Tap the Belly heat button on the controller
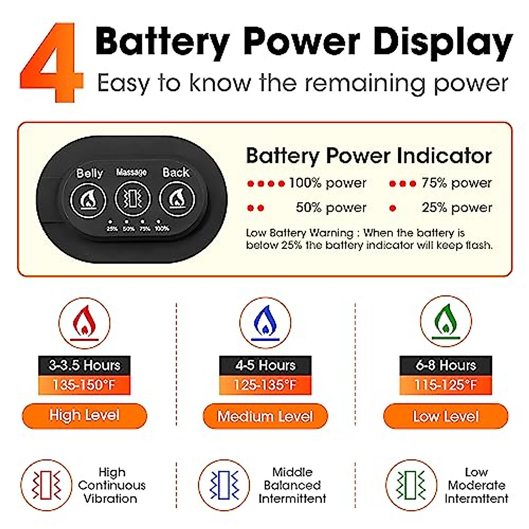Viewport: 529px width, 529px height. [x=88, y=200]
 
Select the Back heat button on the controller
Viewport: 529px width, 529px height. [x=176, y=200]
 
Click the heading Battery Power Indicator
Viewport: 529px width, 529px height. [x=369, y=156]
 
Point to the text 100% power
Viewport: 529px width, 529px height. [x=327, y=183]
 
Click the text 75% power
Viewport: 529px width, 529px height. [x=456, y=183]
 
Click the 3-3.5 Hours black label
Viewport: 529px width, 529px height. [x=84, y=365]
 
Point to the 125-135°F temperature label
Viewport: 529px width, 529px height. [x=265, y=385]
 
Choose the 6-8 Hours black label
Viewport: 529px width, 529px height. [x=446, y=365]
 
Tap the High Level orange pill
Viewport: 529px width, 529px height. [x=84, y=416]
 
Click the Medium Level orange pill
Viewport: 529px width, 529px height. [x=265, y=416]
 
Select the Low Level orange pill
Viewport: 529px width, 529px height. [x=446, y=416]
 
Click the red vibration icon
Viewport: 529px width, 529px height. [x=46, y=485]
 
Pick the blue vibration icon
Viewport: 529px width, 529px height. [x=224, y=485]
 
